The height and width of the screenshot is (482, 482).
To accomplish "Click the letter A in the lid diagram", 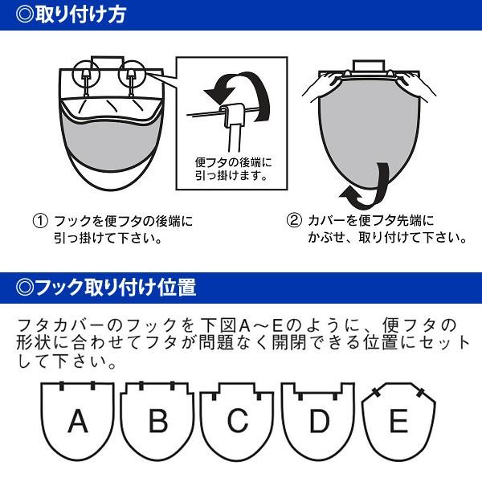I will [78, 420].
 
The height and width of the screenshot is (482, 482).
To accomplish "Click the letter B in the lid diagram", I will [158, 420].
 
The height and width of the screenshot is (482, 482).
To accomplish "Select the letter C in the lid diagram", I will [238, 420].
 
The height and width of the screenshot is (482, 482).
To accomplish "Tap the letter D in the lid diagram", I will [319, 420].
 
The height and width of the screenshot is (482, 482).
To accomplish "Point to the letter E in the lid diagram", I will [398, 420].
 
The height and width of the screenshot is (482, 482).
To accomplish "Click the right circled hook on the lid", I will [129, 76].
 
